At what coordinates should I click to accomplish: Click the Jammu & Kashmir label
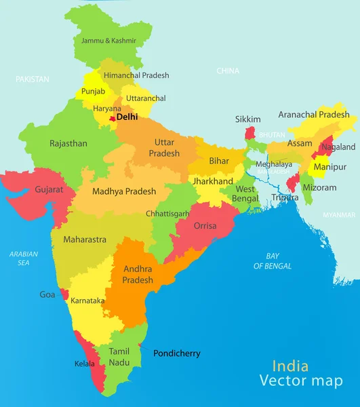(x=108, y=41)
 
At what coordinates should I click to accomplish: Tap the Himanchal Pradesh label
(x=136, y=75)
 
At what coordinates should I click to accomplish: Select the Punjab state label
(x=93, y=91)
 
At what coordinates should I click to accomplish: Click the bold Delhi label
(x=127, y=117)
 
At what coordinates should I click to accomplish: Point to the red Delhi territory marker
(x=113, y=119)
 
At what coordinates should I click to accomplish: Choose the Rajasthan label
(x=68, y=144)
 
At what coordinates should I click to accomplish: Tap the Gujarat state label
(x=49, y=189)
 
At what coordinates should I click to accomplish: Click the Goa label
(x=47, y=295)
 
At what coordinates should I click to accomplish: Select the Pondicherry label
(x=177, y=353)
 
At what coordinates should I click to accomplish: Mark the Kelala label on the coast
(x=85, y=364)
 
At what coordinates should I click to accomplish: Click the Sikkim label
(x=247, y=119)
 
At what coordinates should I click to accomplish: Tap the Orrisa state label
(x=205, y=226)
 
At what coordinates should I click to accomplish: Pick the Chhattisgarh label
(x=167, y=214)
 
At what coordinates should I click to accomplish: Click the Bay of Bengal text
(x=273, y=261)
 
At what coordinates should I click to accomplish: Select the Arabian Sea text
(x=24, y=258)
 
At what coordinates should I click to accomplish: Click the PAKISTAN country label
(x=33, y=79)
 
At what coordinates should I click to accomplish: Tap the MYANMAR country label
(x=338, y=214)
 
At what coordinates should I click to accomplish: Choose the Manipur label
(x=330, y=167)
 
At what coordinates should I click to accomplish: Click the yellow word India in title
(x=290, y=366)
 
